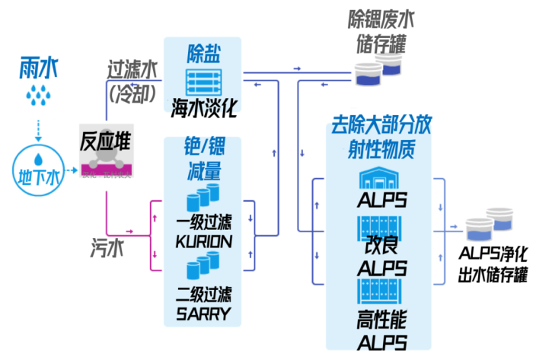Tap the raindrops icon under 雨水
36,95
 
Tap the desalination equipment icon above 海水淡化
203,81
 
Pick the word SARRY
203,313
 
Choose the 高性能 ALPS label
380,330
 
